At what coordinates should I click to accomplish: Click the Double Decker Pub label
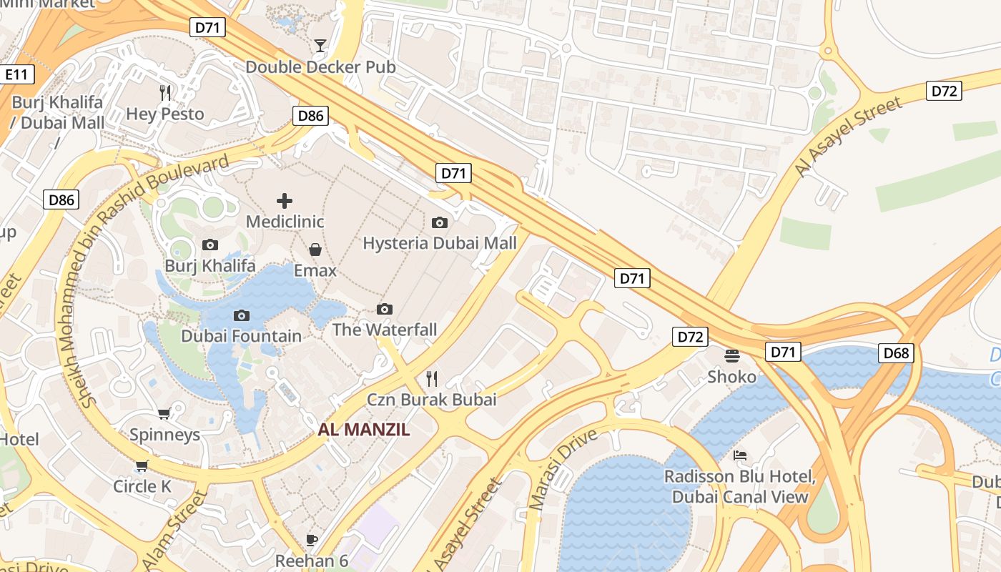coord(320,67)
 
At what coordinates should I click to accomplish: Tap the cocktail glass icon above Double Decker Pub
coord(320,46)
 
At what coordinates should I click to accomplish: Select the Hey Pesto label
coord(165,114)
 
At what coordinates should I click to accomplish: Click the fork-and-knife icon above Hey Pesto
coord(165,92)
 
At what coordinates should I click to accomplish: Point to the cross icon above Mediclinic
coord(285,201)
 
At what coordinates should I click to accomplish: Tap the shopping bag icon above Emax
coord(315,250)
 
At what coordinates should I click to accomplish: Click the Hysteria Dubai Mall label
coord(440,243)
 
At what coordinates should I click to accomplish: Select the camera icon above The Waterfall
coord(385,309)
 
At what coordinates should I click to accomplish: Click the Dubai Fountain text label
coord(241,336)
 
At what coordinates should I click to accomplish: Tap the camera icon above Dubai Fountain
coord(242,315)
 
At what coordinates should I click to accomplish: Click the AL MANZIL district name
coord(364,430)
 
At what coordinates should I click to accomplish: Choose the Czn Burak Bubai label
coord(431,399)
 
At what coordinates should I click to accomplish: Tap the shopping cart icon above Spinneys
coord(164,413)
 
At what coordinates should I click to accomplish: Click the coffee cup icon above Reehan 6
coord(311,539)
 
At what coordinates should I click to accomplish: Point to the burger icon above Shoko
coord(731,355)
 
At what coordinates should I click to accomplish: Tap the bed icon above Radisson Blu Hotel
coord(740,455)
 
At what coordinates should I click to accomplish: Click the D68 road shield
coord(896,352)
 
